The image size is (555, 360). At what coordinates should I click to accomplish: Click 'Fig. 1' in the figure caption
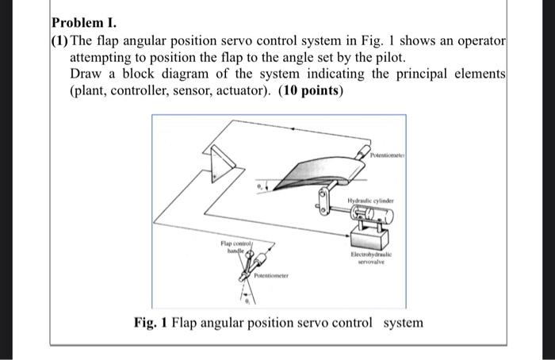152,323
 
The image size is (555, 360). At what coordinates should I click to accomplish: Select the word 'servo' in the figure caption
319,323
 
